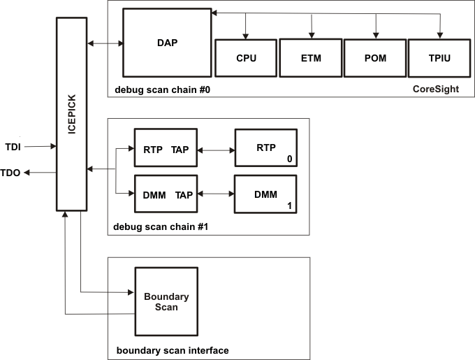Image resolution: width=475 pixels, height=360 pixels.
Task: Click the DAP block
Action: point(167,43)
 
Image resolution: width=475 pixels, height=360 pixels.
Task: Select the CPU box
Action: point(246,58)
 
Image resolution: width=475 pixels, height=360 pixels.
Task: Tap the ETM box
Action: point(311,58)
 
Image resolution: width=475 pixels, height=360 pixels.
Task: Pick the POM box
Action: point(375,58)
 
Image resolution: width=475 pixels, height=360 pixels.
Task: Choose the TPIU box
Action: point(439,58)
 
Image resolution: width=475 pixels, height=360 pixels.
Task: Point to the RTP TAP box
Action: point(166,147)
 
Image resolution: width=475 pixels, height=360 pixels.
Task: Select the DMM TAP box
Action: point(166,195)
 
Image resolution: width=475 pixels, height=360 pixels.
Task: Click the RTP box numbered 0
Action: point(265,147)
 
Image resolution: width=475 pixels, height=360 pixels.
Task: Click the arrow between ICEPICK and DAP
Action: point(105,44)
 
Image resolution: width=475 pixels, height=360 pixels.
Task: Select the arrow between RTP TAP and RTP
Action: point(216,148)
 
